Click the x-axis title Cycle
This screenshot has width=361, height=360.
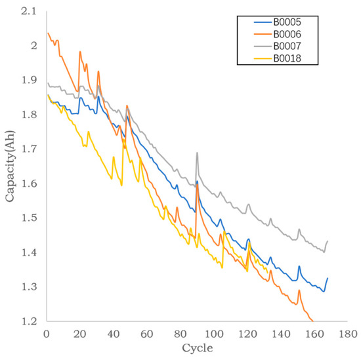click(x=198, y=348)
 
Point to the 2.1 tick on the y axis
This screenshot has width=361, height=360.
click(x=30, y=10)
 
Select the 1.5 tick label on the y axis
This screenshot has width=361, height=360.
click(x=30, y=218)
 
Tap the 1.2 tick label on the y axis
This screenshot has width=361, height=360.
click(x=30, y=321)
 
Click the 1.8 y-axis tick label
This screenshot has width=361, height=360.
click(x=30, y=114)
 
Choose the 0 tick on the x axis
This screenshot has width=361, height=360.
click(x=46, y=333)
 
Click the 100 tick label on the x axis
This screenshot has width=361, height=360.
click(x=213, y=333)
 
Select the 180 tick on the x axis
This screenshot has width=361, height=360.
click(x=347, y=333)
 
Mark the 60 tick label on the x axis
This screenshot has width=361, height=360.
click(x=146, y=333)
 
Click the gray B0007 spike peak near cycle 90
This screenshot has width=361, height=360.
click(x=197, y=153)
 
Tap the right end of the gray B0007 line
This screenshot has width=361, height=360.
click(x=327, y=241)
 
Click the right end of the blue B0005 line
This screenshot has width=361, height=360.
click(x=327, y=278)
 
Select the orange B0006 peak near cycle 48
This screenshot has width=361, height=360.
click(x=127, y=105)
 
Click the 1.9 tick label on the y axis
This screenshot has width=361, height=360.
click(x=30, y=79)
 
